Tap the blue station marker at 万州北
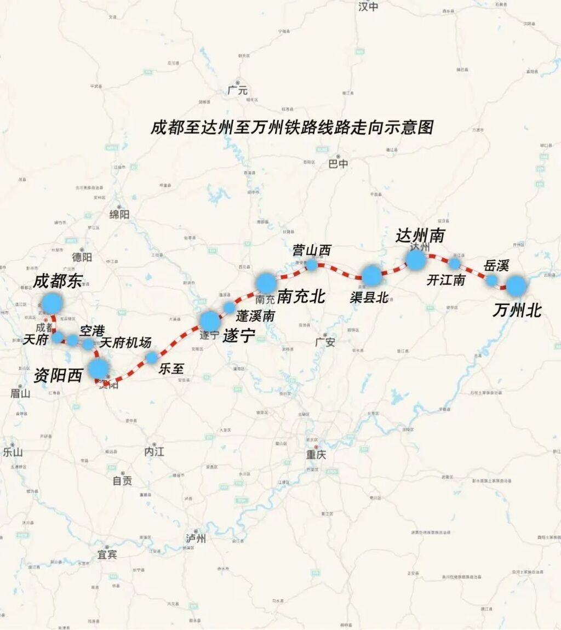pos(516,286)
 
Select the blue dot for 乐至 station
pos(151,358)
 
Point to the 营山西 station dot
pos(312,265)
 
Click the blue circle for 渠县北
pos(371,276)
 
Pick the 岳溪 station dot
pos(492,280)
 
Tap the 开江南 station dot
pos(454,264)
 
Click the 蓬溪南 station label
pos(255,316)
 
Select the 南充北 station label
pos(301,296)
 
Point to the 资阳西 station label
pos(58,375)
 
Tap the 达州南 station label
pos(420,236)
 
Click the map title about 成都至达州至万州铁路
pos(292,128)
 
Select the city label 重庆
pos(316,454)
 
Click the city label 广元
pos(238,91)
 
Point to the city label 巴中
pos(337,164)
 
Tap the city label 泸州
pos(196,539)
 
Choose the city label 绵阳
pos(119,214)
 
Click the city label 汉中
pos(368,7)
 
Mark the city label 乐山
pos(13,452)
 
